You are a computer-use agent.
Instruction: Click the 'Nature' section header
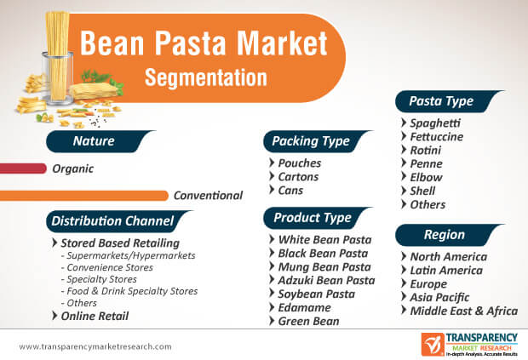[x=94, y=141]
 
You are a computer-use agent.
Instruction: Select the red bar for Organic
[x=23, y=169]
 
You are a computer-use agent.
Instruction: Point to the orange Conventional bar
[x=83, y=196]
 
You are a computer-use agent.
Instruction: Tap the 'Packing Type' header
[x=311, y=141]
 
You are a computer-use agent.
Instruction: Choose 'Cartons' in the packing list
[x=298, y=177]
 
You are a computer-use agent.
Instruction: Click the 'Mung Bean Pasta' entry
[x=324, y=266]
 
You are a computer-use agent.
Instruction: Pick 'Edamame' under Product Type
[x=304, y=307]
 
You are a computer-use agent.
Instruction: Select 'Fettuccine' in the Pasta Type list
[x=436, y=137]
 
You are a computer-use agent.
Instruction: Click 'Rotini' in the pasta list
[x=425, y=150]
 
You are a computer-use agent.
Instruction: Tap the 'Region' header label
[x=445, y=235]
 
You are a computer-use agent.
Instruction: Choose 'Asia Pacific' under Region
[x=439, y=297]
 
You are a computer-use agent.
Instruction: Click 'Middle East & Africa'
[x=463, y=311]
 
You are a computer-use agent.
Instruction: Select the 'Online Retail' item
[x=95, y=316]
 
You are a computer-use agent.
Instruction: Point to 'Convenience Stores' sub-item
[x=110, y=267]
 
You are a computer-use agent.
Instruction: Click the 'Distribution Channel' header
[x=112, y=221]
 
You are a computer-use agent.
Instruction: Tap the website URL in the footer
[x=95, y=346]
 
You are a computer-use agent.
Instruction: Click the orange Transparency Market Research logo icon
[x=433, y=344]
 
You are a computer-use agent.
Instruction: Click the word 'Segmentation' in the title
[x=206, y=77]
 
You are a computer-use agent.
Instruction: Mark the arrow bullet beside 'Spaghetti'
[x=404, y=123]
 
